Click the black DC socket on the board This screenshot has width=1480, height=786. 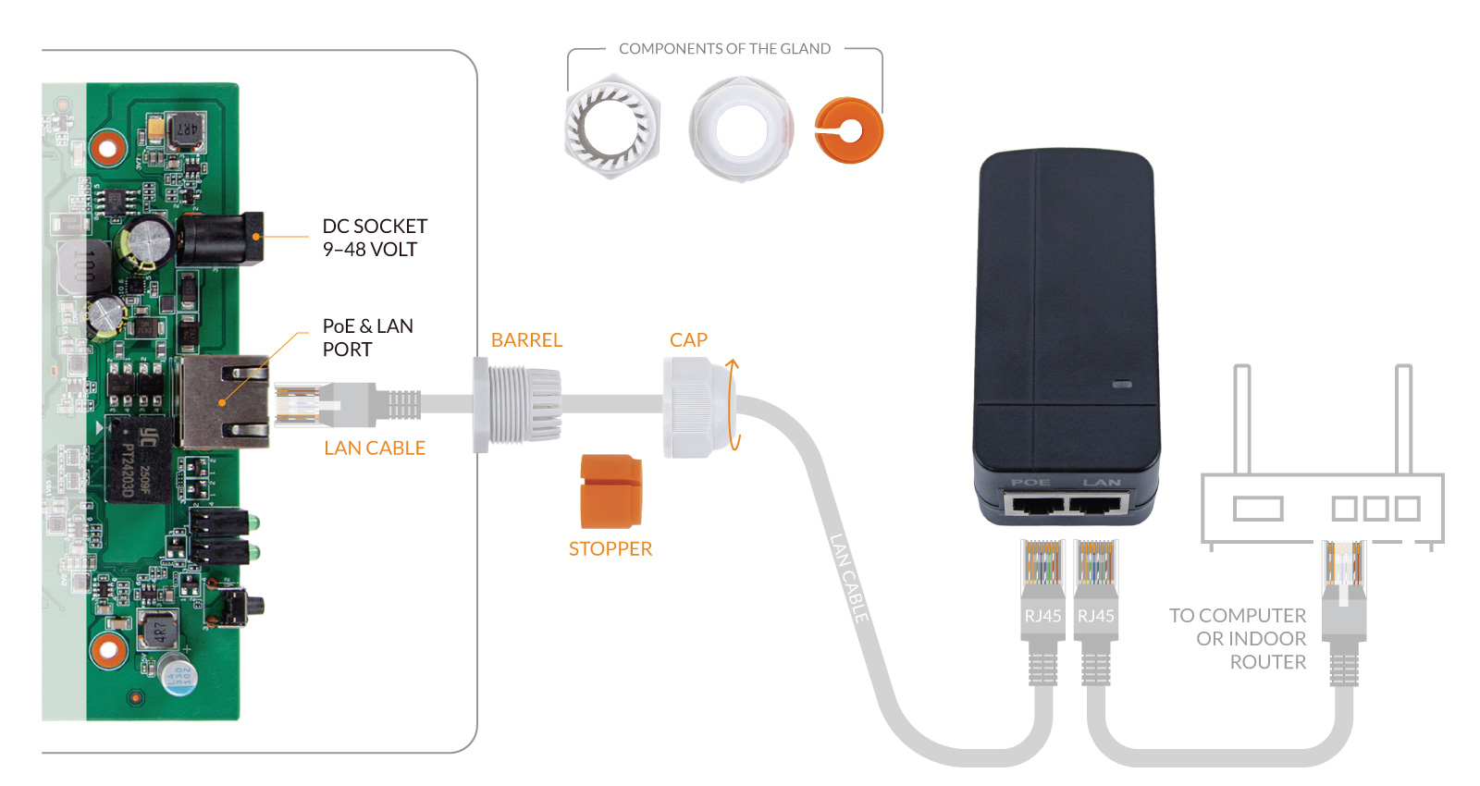pyautogui.click(x=220, y=239)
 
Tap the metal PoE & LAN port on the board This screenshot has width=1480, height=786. pyautogui.click(x=225, y=402)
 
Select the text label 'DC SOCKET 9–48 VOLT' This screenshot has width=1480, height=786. pyautogui.click(x=374, y=238)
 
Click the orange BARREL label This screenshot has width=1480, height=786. pyautogui.click(x=526, y=340)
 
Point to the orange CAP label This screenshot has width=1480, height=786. pyautogui.click(x=688, y=340)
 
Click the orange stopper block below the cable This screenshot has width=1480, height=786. pyautogui.click(x=610, y=491)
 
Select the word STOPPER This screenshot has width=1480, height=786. pyautogui.click(x=610, y=549)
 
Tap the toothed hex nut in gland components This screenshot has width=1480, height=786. pyautogui.click(x=610, y=128)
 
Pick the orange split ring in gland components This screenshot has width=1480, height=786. pyautogui.click(x=848, y=130)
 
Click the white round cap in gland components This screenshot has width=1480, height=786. pyautogui.click(x=740, y=129)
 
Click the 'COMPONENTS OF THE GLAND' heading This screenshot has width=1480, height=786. pyautogui.click(x=724, y=49)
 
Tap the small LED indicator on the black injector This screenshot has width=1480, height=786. pyautogui.click(x=1122, y=384)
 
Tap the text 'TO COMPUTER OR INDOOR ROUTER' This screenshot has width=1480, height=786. pyautogui.click(x=1239, y=639)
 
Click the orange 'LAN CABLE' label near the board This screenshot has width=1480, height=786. pyautogui.click(x=375, y=448)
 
